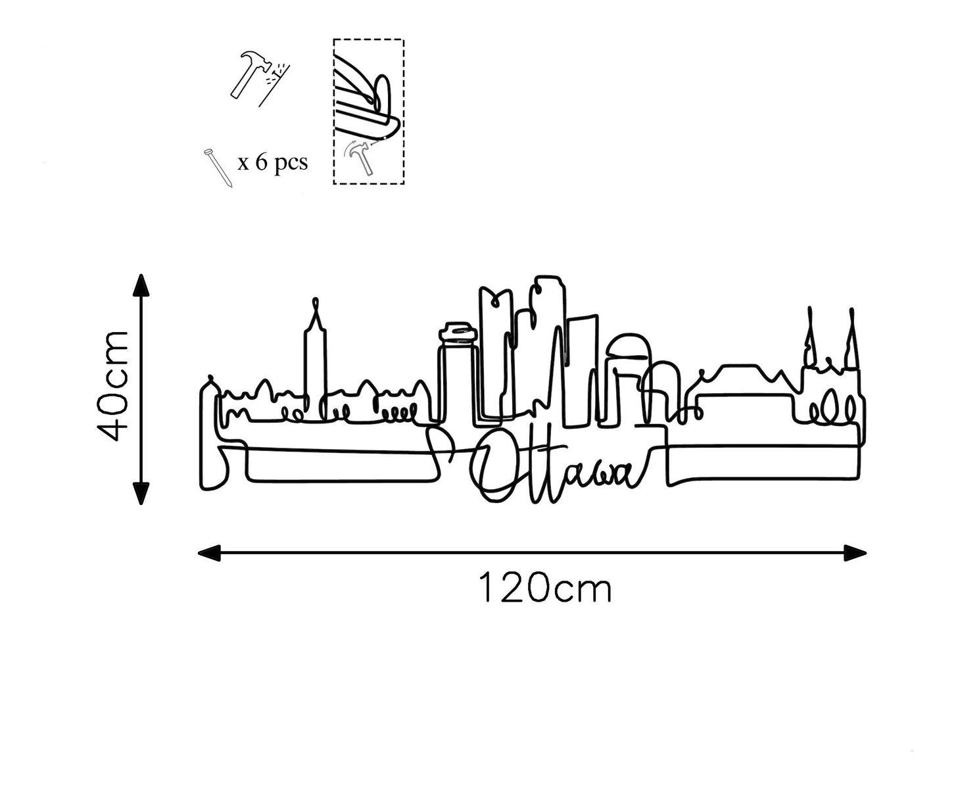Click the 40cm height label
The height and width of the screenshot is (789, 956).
[x=113, y=385]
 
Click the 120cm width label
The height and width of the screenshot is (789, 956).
[x=545, y=588]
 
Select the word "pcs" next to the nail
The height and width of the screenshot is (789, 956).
[x=291, y=164]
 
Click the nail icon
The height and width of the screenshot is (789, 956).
[x=218, y=168]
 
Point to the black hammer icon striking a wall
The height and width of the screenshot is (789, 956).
[x=260, y=78]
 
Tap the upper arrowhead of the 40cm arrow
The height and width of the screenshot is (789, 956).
[x=141, y=285]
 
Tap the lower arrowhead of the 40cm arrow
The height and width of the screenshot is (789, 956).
[x=141, y=492]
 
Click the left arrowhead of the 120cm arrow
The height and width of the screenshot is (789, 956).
[x=209, y=553]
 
